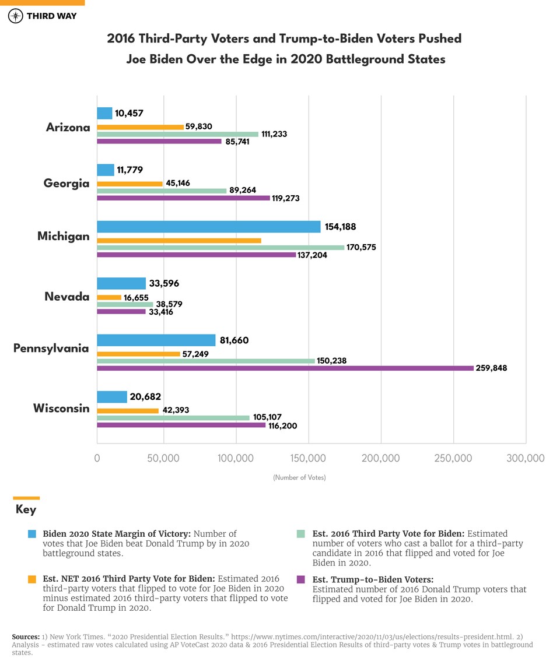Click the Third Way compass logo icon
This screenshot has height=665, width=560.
16,16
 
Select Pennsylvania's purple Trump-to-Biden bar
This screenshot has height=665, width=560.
285,368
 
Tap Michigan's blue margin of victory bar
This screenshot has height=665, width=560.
208,227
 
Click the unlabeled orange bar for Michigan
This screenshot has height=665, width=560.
178,241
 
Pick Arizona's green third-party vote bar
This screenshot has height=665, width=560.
177,134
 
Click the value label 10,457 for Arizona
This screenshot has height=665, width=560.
129,113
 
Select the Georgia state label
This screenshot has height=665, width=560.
66,184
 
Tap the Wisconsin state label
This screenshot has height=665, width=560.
61,408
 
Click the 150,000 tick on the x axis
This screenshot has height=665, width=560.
309,459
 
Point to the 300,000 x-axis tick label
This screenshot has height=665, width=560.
525,459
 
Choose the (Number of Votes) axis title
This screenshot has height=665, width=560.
299,478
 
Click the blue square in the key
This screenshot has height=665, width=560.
32,534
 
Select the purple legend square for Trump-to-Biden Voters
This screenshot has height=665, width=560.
301,579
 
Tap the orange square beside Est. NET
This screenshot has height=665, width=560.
32,579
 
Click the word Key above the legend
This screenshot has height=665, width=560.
26,510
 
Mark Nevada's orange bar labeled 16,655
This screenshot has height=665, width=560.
109,297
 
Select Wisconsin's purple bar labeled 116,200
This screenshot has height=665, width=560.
181,425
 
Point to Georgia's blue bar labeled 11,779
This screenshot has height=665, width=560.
106,170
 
